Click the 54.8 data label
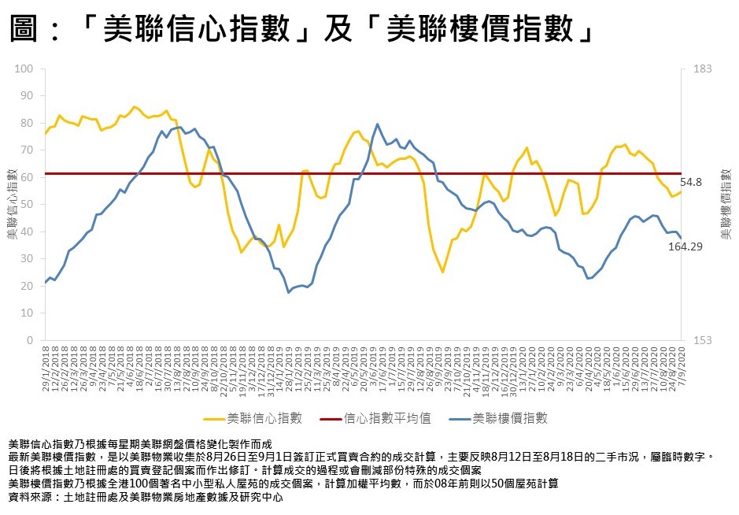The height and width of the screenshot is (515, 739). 690,182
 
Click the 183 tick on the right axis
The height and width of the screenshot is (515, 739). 702,69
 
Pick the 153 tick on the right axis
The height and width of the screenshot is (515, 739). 702,340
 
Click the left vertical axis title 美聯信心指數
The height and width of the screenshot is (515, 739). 12,205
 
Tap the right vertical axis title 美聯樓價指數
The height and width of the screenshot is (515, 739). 726,205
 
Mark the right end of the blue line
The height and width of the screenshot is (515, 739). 681,238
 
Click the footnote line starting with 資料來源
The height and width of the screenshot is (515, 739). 145,498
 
